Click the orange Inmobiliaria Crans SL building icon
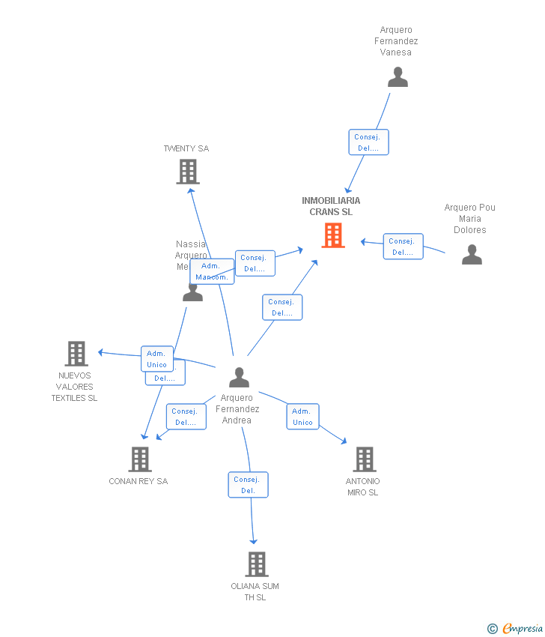[x=333, y=235]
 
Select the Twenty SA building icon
[x=187, y=172]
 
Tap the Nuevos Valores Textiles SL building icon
[x=76, y=353]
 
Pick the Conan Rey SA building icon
[x=139, y=459]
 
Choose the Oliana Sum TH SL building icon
[x=256, y=564]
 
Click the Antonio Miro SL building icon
[x=364, y=459]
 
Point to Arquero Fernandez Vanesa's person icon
[x=398, y=77]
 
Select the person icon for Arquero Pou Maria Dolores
[x=472, y=255]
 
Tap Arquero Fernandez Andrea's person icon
[x=239, y=377]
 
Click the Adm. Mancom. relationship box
[x=211, y=271]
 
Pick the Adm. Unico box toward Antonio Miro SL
[x=302, y=417]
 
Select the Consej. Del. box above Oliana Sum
[x=248, y=485]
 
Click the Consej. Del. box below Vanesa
[x=368, y=142]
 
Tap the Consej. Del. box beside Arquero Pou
[x=403, y=247]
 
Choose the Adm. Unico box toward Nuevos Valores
[x=157, y=359]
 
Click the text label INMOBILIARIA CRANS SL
[x=331, y=206]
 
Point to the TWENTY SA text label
[x=186, y=148]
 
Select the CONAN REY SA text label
[x=138, y=481]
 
